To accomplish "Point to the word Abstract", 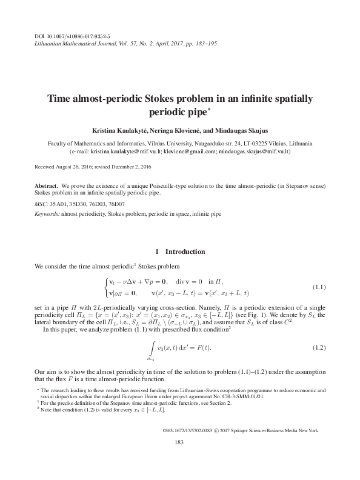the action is (45, 184).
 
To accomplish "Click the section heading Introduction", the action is (185, 252).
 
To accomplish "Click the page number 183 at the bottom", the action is (179, 460).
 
